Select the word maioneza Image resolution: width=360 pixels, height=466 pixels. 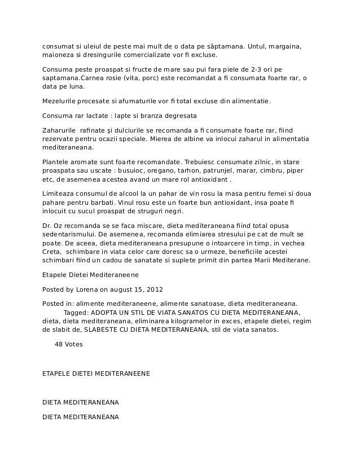click(58, 56)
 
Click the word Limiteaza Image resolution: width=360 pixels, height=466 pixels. click(60, 193)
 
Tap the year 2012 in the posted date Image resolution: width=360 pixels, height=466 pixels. click(154, 289)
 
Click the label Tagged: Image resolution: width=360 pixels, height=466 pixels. click(76, 312)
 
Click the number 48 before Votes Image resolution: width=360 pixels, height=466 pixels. click(59, 344)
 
